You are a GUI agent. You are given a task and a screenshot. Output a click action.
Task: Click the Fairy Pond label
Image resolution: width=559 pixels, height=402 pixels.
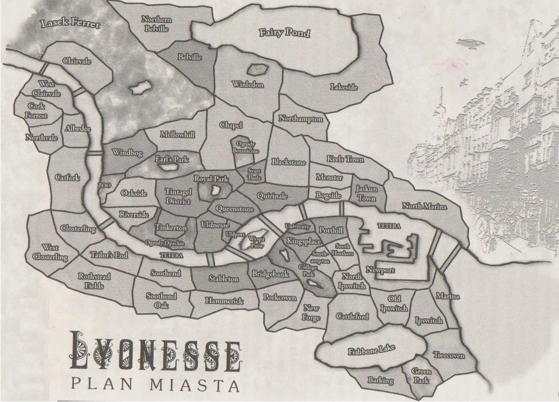pos(285,33)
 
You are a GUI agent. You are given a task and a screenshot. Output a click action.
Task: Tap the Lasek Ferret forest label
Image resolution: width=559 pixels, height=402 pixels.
pos(66,23)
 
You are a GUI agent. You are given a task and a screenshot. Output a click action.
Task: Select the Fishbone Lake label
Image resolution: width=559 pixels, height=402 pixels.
pos(372,349)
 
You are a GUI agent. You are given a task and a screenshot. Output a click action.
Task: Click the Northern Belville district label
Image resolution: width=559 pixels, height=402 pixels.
pos(157,24)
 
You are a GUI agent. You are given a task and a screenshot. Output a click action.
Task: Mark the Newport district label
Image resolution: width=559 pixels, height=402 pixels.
pos(380,270)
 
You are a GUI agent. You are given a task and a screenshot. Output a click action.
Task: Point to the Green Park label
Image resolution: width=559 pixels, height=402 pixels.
pos(421,375)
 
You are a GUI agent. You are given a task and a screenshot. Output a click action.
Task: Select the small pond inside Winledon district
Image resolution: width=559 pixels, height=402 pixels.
pos(257,69)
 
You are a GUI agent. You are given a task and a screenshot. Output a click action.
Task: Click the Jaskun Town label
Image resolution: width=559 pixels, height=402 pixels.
pos(366,193)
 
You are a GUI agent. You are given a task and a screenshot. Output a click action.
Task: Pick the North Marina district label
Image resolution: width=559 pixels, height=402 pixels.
pos(424,206)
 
